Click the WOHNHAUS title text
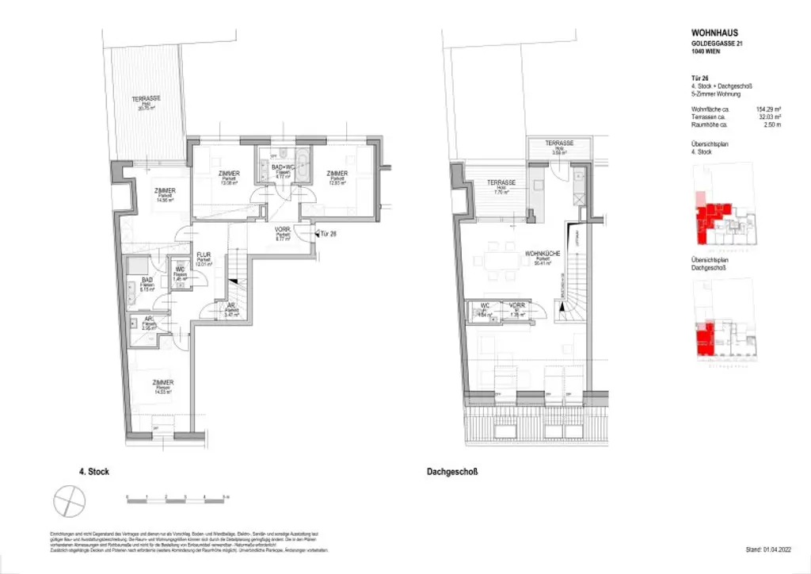tap(714, 33)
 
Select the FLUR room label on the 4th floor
tap(204, 256)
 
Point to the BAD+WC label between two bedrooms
tap(284, 167)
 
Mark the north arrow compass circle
tap(68, 500)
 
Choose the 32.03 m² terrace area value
tap(768, 117)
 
